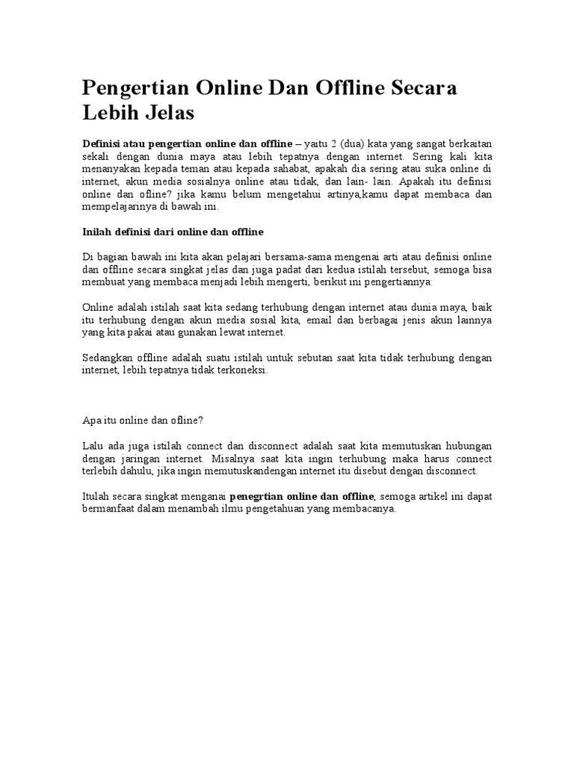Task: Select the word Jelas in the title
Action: point(170,114)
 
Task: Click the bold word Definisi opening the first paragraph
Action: point(101,143)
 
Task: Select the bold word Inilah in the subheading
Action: point(97,232)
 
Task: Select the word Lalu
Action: point(92,447)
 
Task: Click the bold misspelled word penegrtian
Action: point(256,497)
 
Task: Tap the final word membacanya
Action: point(365,510)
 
